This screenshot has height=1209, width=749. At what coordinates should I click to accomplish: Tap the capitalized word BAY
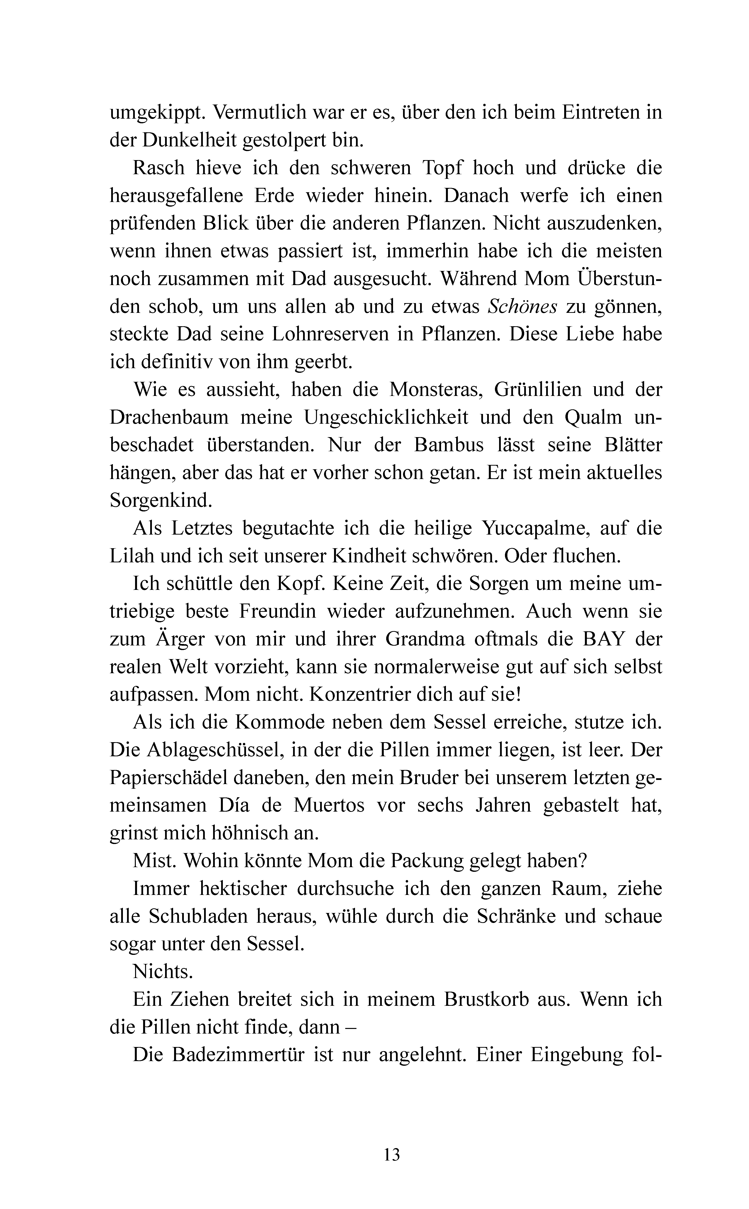tap(603, 639)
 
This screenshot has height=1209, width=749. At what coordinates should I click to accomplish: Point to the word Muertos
tap(329, 806)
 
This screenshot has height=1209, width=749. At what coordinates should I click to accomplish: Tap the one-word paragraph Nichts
tap(162, 972)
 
